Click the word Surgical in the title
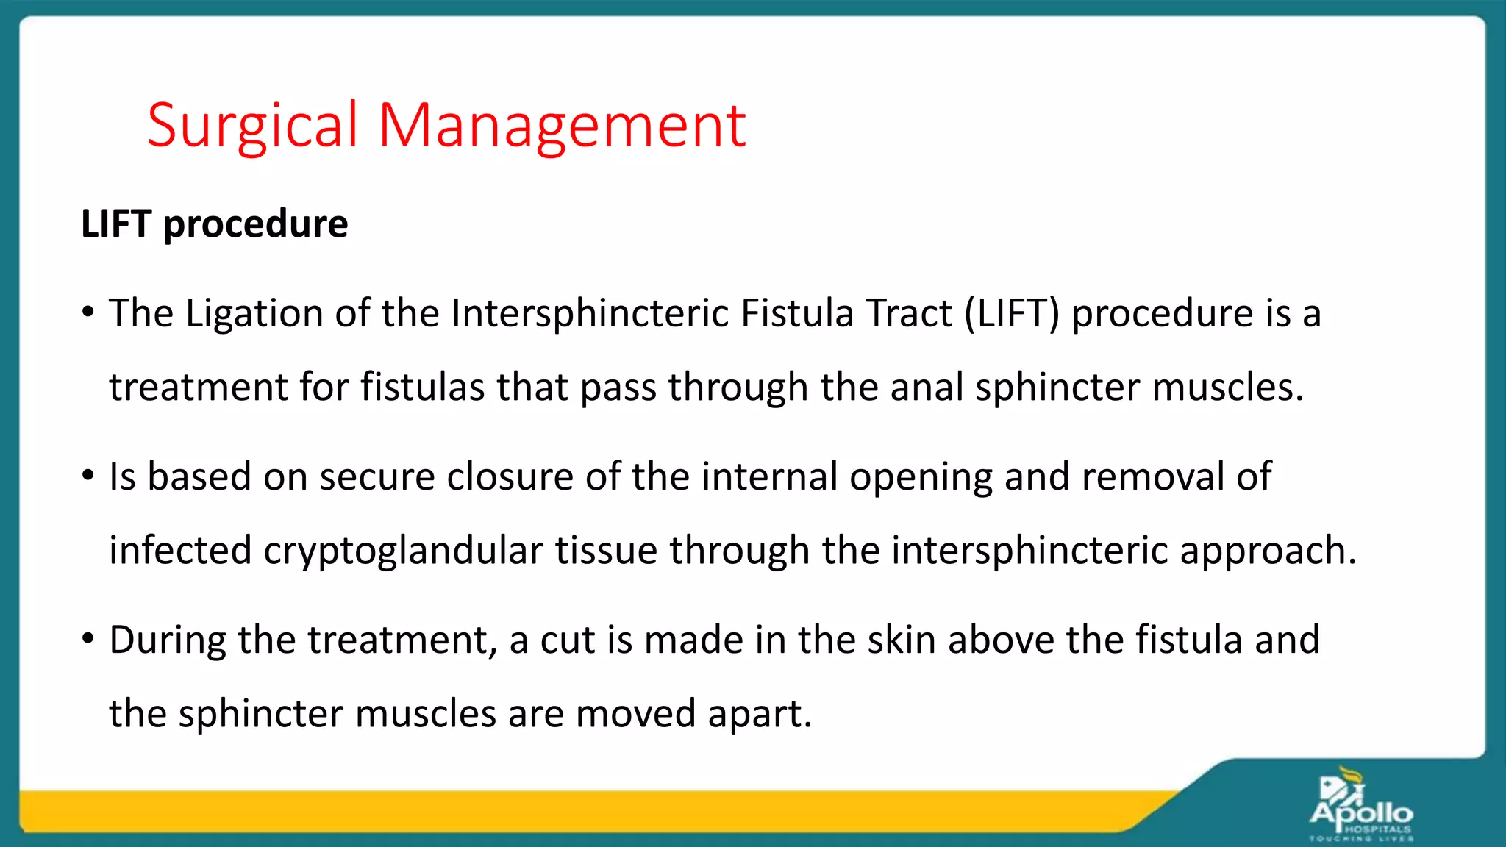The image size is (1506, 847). point(252,125)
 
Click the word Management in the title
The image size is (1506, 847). point(562,125)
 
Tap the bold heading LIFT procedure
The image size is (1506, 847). point(214,224)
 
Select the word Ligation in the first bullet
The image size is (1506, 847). point(254,314)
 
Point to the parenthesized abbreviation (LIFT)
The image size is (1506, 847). point(1012,314)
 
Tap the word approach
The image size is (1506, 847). point(1268,551)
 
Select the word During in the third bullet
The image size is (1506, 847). point(168,640)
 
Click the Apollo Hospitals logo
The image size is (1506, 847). point(1360,805)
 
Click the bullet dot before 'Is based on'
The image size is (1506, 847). point(88,476)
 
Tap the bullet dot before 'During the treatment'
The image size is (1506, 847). point(88,639)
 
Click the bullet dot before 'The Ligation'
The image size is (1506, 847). point(88,313)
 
